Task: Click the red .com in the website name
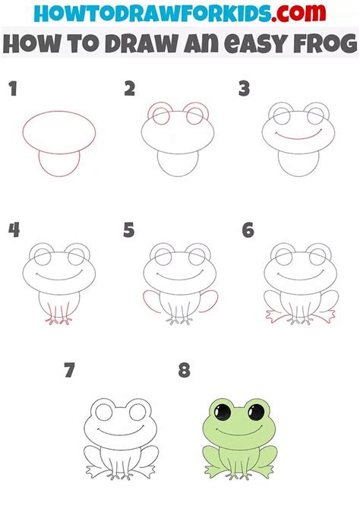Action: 298,13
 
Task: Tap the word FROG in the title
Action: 325,43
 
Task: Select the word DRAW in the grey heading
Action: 141,43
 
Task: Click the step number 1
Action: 13,89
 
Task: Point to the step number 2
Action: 129,89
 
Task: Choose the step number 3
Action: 244,89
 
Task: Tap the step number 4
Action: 14,230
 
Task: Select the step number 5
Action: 128,230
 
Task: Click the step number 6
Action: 248,230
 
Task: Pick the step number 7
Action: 69,371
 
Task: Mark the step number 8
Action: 184,371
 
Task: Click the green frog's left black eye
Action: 223,413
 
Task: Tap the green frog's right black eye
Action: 257,413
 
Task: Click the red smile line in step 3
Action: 298,138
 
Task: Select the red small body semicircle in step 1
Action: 59,176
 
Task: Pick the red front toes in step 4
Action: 58,321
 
